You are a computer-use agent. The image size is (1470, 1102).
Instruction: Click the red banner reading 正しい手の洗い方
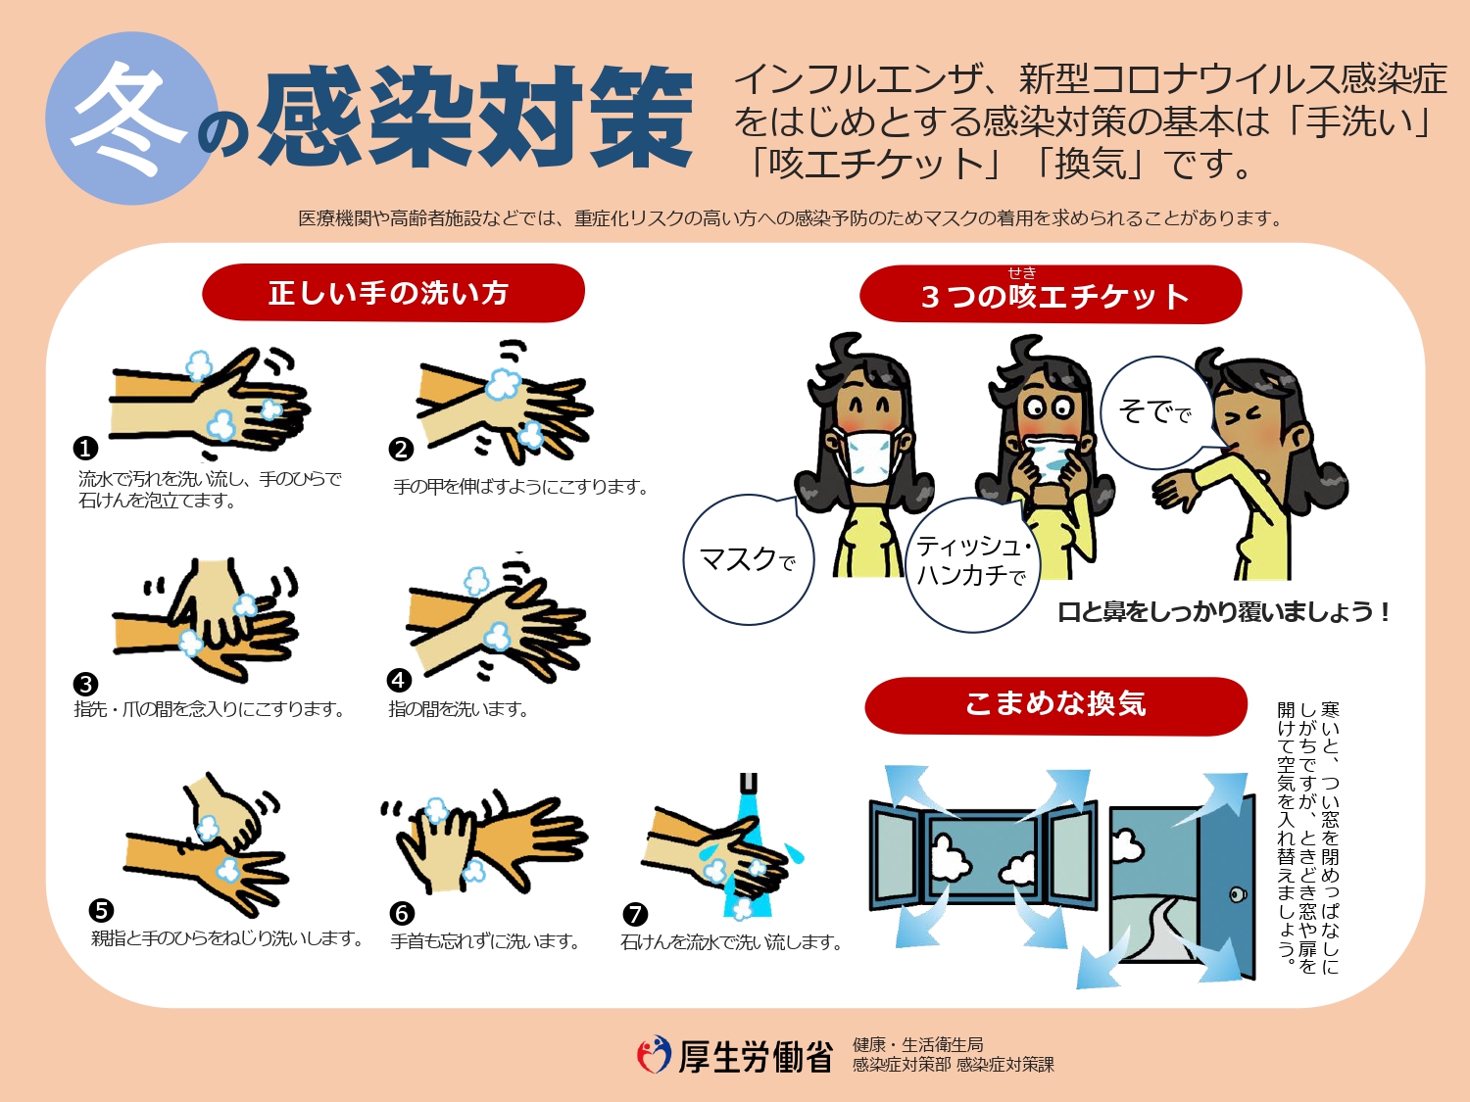click(x=392, y=293)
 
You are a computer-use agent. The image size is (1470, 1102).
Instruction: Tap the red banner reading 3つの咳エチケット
click(x=1051, y=295)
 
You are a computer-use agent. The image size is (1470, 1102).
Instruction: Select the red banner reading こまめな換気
click(x=1054, y=704)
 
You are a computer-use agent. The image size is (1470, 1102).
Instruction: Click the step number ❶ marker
click(x=86, y=449)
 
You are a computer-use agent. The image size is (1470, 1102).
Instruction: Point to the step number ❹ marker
click(x=399, y=680)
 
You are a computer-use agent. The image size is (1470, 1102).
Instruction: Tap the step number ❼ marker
click(x=635, y=914)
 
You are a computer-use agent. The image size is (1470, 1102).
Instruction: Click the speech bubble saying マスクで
click(x=747, y=560)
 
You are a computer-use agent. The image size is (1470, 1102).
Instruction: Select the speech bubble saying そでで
click(x=1154, y=411)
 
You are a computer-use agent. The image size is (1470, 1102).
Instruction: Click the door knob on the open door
click(x=1238, y=894)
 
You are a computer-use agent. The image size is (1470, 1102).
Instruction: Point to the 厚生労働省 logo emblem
click(x=654, y=1055)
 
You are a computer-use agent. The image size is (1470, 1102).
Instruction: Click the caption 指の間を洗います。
click(x=459, y=709)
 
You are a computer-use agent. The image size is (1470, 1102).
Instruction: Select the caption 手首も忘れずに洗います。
click(x=485, y=942)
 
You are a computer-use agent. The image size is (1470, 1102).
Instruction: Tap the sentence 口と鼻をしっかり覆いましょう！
click(x=1223, y=613)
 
